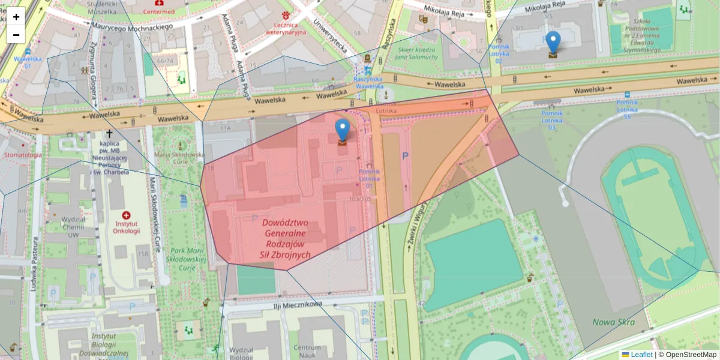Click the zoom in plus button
coord(16,17)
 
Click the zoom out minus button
coord(16,35)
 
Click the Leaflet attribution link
coord(641,355)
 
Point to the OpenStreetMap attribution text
coord(691,355)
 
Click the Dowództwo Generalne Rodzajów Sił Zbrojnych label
coord(286,238)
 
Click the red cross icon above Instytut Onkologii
coord(126,215)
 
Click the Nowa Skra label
coord(613,322)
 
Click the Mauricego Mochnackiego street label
coord(133,26)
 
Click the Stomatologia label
coord(22,155)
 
